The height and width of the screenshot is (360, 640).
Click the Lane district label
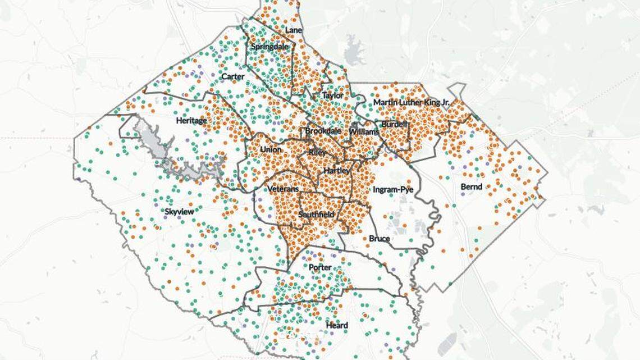coord(294,30)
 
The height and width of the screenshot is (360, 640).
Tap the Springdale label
coord(269,47)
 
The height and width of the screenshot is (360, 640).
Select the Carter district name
coord(232,76)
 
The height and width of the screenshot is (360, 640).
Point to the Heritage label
coord(191,120)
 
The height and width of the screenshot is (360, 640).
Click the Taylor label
coord(332,96)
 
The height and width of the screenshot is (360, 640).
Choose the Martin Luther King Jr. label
coord(412,102)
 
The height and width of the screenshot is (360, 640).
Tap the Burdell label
coord(394,124)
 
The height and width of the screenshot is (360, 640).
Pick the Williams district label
coord(360,131)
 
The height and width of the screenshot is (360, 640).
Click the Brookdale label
coord(323,131)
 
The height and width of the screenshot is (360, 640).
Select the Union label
coord(271,149)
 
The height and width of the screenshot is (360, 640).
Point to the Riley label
coord(317,153)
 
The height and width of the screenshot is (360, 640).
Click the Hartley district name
coord(337,170)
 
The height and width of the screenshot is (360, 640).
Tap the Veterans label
coord(283,189)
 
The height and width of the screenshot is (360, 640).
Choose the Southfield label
coord(316,215)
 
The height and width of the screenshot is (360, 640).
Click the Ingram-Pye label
coord(393,190)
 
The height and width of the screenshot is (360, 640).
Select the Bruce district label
coord(379,239)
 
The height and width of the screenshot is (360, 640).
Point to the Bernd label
coord(471,186)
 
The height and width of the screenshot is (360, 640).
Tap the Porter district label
coord(320,267)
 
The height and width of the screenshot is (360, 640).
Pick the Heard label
coord(337,325)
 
